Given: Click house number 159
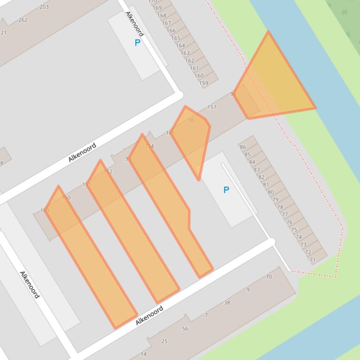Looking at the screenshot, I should pos(204,83).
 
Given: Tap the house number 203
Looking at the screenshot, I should pos(44,7).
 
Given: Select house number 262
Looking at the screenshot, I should pos(23,20).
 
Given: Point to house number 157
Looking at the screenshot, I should pos(212,107).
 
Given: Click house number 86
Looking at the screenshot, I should pos(242,147).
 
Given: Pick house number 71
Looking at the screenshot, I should pos(312,259).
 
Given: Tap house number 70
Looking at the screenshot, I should pos(269,277).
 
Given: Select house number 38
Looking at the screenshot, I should pos(227,302).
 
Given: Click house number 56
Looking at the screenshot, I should pos(185,329).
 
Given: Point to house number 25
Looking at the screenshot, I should pos(164,341).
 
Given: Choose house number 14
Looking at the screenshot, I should pos(143,354).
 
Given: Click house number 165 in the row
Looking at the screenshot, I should pos(176,38).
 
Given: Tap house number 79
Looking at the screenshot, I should pos(275,200).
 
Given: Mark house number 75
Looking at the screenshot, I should pos(294,230).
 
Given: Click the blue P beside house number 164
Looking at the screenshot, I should pos(137,43).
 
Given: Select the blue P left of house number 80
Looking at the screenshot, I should pos(226,190).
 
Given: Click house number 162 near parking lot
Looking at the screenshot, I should pos(190,61).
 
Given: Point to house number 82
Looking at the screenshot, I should pos(261,177).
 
